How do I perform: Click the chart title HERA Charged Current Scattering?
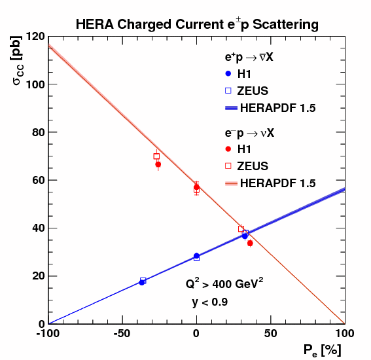[197, 25]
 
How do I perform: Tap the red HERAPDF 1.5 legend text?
[278, 183]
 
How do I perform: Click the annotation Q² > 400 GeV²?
[224, 284]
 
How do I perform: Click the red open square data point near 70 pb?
[156, 156]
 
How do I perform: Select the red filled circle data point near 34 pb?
[250, 243]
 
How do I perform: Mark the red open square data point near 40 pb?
[241, 229]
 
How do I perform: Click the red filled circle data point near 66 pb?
[158, 164]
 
